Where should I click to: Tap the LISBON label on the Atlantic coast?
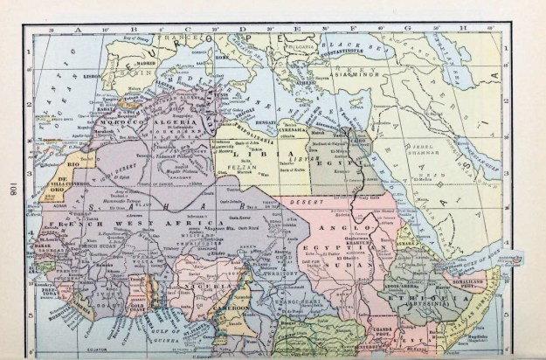90,77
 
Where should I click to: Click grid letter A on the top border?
77,28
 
